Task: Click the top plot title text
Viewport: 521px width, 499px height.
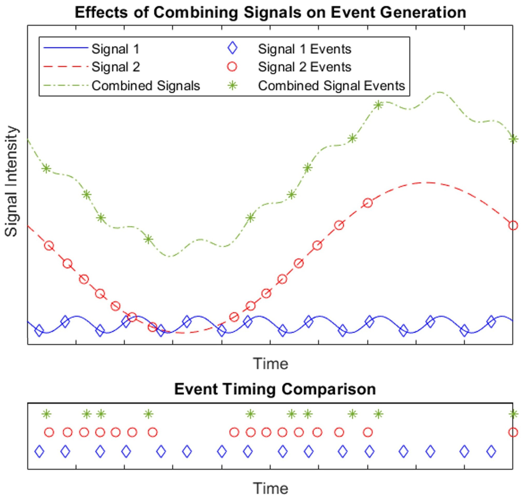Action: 270,12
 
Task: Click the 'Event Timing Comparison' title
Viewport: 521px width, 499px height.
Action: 275,389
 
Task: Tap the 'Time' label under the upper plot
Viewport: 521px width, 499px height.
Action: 270,363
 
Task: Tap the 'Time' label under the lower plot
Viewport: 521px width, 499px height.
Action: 270,488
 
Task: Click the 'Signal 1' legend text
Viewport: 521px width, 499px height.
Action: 115,49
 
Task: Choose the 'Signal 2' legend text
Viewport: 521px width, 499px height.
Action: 116,67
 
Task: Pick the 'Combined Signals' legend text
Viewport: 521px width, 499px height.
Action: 146,86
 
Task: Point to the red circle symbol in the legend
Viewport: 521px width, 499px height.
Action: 232,67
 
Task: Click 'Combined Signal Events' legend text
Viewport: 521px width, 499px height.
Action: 331,86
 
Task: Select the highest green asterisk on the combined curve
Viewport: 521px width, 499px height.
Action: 378,105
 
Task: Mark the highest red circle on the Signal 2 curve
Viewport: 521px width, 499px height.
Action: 368,203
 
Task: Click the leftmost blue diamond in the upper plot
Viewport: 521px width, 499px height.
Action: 39,330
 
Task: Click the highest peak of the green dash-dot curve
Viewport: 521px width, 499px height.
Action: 440,92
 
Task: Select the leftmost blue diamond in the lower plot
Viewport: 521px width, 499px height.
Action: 39,451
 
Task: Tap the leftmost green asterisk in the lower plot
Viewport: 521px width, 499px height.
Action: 47,414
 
